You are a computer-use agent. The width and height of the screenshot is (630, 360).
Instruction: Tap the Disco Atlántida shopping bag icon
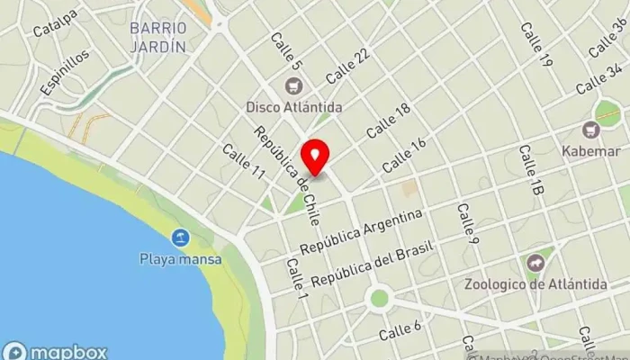pyautogui.click(x=292, y=86)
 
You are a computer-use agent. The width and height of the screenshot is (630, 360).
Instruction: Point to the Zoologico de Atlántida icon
pyautogui.click(x=535, y=263)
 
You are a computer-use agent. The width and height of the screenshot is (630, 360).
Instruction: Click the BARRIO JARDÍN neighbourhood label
pyautogui.click(x=157, y=36)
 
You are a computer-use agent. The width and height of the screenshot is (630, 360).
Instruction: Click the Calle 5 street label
pyautogui.click(x=285, y=51)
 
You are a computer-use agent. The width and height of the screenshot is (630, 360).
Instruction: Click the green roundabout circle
pyautogui.click(x=379, y=298)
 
